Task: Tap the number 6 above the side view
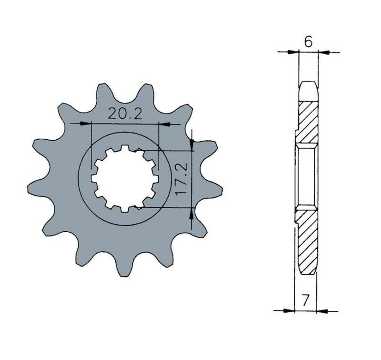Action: click(308, 42)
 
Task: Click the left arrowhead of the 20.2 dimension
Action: click(85, 124)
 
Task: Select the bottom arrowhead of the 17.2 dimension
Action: click(192, 213)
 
